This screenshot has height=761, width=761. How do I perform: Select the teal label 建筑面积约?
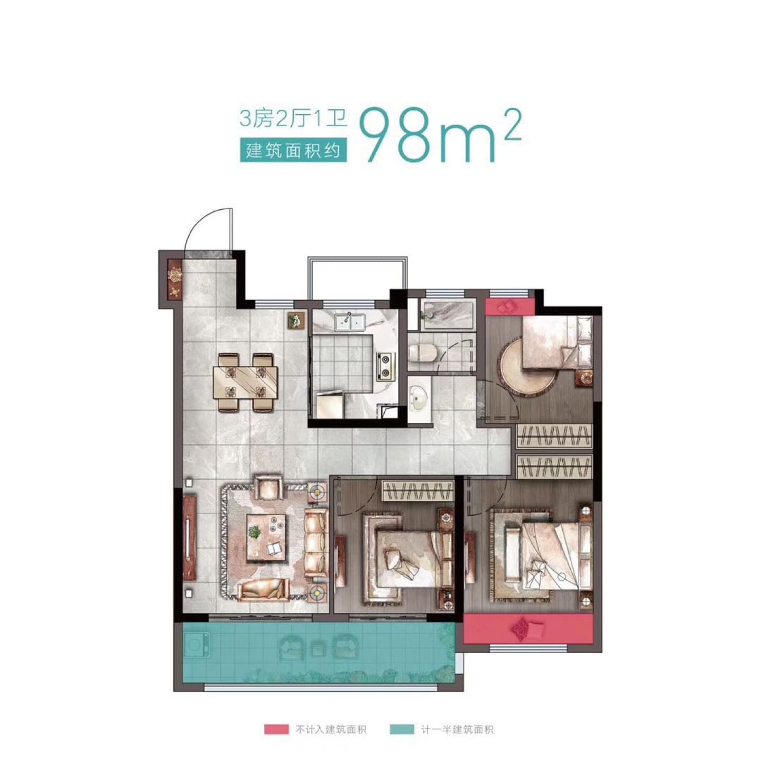pyautogui.click(x=293, y=150)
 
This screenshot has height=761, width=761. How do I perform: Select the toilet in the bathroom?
pyautogui.click(x=423, y=352)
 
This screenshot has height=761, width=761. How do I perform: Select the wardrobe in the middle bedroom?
pyautogui.click(x=417, y=491)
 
